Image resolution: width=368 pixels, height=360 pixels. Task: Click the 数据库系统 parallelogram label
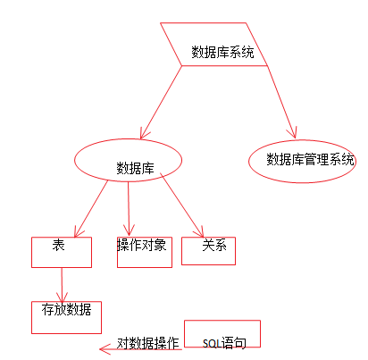(x=222, y=52)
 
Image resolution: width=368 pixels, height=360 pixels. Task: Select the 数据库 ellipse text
(x=135, y=168)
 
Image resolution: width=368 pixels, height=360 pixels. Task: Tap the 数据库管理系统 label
(x=310, y=159)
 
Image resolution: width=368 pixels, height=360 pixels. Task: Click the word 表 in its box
(x=58, y=246)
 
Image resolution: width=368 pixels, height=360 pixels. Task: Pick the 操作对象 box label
(x=142, y=245)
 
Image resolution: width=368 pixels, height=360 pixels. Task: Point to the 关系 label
(x=214, y=246)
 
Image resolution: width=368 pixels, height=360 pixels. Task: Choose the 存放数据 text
(x=66, y=310)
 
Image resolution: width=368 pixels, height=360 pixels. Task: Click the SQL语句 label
(x=224, y=343)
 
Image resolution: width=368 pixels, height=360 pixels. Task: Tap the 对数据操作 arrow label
(x=148, y=343)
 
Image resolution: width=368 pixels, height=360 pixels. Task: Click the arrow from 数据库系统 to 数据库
(x=161, y=102)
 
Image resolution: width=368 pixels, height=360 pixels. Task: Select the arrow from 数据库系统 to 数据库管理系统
(x=281, y=102)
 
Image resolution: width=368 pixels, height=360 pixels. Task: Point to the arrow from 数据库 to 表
(x=91, y=209)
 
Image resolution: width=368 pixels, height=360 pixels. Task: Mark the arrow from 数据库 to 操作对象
(x=129, y=208)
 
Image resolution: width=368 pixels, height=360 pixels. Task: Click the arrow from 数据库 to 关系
(x=182, y=205)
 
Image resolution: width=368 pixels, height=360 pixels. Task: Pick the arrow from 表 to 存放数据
(x=62, y=285)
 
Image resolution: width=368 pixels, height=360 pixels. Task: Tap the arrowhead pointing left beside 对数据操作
(x=105, y=349)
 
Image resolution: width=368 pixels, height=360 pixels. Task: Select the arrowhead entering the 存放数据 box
(x=62, y=297)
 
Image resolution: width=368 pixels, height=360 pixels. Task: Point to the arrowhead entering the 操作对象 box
(x=129, y=230)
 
